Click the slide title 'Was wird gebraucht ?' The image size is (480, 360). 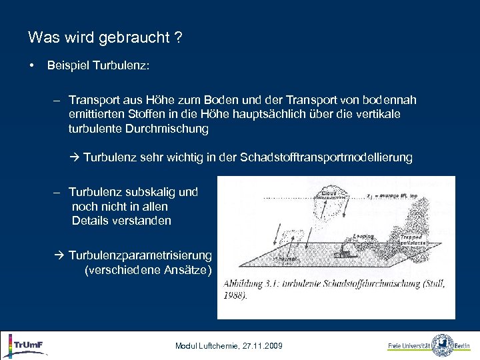(x=105, y=38)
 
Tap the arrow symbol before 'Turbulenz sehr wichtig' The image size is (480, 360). (x=74, y=158)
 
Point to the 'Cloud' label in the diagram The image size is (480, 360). (x=328, y=193)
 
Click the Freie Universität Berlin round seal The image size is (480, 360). (x=442, y=345)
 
